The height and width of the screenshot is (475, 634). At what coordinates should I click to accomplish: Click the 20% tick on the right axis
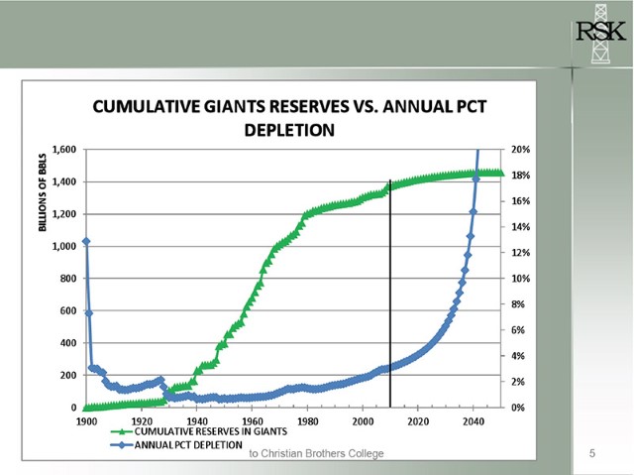point(521,150)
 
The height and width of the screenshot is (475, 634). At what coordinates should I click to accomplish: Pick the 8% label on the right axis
point(518,304)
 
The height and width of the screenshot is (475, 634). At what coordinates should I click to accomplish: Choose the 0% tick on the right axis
point(518,408)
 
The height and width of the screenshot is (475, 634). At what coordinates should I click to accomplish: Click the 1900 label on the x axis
point(86,420)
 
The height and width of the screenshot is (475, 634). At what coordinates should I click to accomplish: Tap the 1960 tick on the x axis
point(252,420)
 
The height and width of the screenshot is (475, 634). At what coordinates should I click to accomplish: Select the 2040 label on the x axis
point(473,420)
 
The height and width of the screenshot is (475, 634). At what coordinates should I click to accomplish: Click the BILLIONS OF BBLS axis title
point(43,194)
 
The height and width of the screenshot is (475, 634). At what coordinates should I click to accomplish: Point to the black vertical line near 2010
point(390,297)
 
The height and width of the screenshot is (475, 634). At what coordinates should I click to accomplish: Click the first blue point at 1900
point(86,241)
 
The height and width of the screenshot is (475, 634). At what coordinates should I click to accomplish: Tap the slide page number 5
point(591,454)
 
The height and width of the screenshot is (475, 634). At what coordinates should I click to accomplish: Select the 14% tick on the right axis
point(521,227)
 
